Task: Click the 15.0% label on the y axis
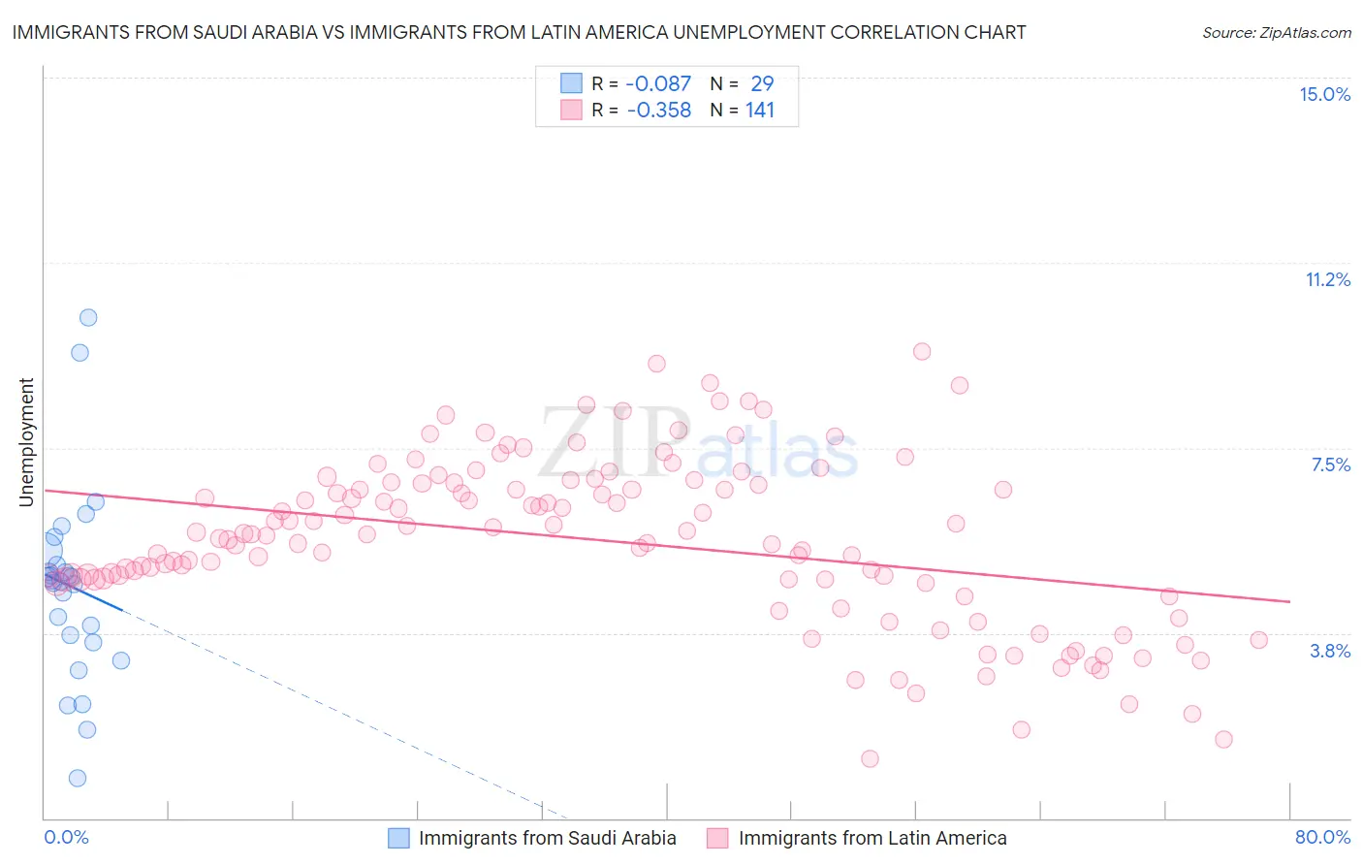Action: point(1324,94)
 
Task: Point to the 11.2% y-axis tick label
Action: point(1327,279)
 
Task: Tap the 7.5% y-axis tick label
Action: point(1330,465)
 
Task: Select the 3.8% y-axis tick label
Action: point(1330,651)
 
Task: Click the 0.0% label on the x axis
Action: point(66,837)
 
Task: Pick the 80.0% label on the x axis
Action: point(1322,837)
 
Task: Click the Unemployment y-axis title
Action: point(26,442)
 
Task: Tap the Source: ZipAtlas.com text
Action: point(1276,32)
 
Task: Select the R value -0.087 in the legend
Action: point(658,83)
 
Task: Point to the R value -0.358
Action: point(658,110)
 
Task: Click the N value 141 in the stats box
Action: point(760,110)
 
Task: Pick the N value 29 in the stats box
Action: point(762,83)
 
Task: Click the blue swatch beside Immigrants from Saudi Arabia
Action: point(398,838)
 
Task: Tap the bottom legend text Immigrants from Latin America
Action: point(872,838)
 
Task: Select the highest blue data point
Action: point(88,317)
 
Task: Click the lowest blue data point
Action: point(78,778)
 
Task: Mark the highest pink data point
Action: point(922,351)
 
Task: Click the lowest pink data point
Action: point(870,758)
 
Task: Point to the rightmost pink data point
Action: point(1259,639)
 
